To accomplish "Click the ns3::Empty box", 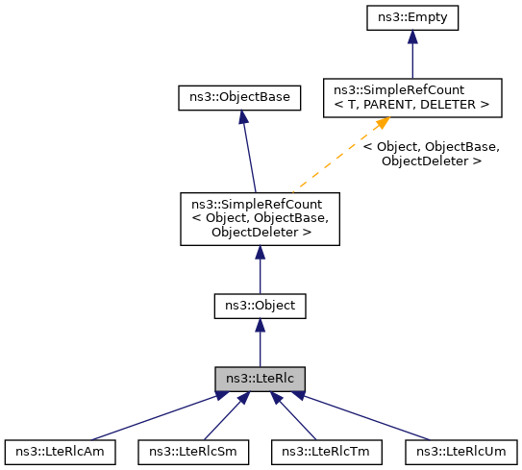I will pos(411,16).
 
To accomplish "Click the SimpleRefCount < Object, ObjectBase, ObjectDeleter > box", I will pos(260,218).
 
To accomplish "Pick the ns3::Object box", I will pos(260,307).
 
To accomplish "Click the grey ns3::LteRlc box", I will pos(260,378).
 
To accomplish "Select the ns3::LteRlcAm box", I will pos(60,450).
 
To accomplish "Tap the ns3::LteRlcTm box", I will pos(327,450).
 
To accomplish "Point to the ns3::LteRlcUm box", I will pos(460,450).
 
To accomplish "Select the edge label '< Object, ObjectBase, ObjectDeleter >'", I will pos(430,154).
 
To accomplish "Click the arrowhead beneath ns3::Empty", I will pos(411,37).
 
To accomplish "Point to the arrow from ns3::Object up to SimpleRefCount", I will pos(260,269).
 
